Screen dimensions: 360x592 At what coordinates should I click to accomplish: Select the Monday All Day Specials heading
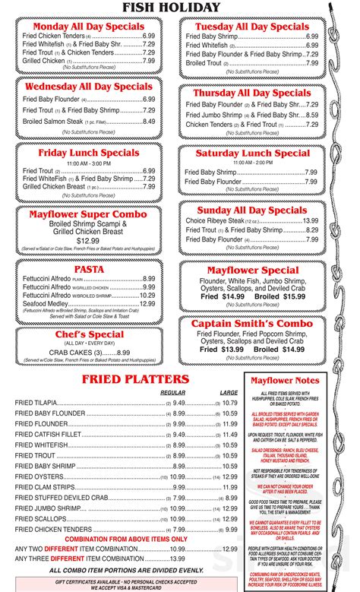(x=90, y=27)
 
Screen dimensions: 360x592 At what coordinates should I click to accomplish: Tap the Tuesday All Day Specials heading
(x=253, y=27)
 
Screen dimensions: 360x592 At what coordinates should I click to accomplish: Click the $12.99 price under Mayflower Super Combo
(x=88, y=240)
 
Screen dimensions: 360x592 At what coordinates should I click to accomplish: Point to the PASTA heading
(x=89, y=269)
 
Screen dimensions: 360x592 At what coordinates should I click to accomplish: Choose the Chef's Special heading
(x=89, y=334)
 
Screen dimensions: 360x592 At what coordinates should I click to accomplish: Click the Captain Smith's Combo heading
(x=253, y=322)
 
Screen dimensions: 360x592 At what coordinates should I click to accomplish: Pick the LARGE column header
(x=229, y=392)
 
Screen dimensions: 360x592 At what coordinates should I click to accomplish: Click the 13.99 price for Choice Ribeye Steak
(x=310, y=220)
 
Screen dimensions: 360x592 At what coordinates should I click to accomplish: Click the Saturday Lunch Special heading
(x=253, y=153)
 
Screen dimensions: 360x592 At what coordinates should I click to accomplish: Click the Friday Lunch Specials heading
(x=90, y=153)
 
